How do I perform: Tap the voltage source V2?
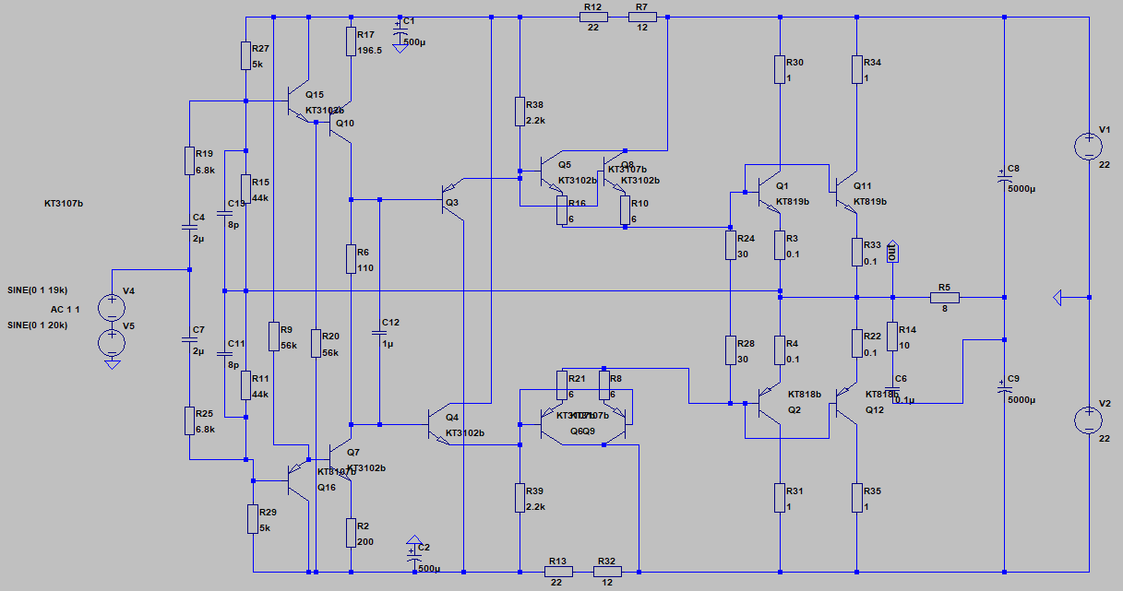point(1089,420)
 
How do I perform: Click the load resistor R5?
point(945,297)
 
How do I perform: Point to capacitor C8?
point(1004,181)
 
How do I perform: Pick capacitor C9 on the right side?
point(1004,388)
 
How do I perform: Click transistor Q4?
point(440,424)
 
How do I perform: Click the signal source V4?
point(112,307)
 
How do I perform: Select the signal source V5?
point(112,342)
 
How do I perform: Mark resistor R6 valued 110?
point(351,259)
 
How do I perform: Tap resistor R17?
point(351,41)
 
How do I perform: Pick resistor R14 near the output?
point(893,337)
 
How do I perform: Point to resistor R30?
point(781,69)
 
